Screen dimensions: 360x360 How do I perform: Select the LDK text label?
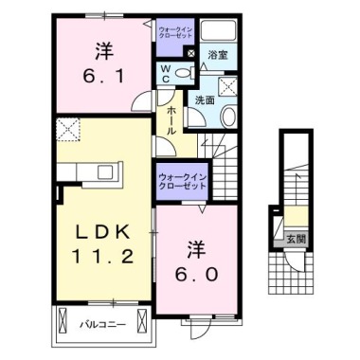(x=107, y=232)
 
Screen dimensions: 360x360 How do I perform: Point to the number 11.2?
(x=106, y=257)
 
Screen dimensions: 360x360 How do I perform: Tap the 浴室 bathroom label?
(x=216, y=55)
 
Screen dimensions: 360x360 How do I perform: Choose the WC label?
(x=164, y=72)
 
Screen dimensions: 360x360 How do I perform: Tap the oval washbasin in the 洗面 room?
(x=227, y=116)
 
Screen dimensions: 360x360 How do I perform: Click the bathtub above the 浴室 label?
(x=218, y=29)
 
